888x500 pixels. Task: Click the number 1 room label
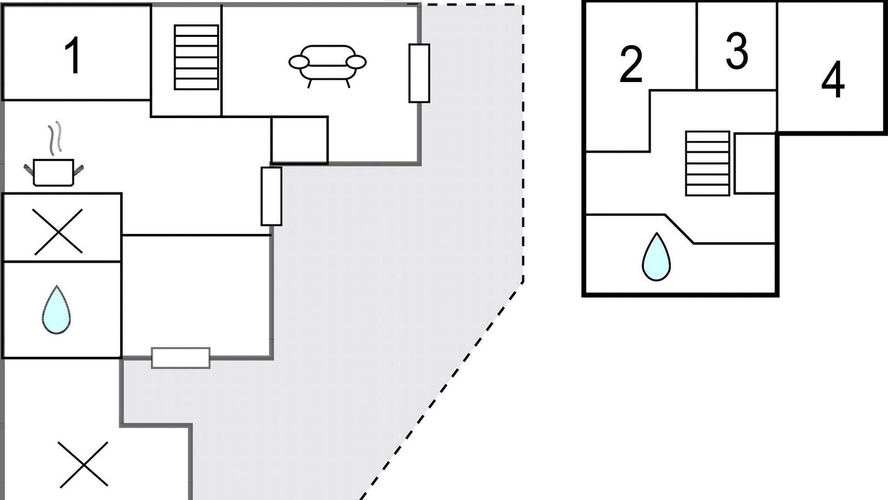(73, 55)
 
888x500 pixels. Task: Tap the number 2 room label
(631, 65)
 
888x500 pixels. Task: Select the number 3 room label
(737, 51)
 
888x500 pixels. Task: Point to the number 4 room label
(833, 79)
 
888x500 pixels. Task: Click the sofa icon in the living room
(327, 65)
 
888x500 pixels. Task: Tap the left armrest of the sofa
(299, 62)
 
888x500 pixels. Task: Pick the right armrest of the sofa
(356, 62)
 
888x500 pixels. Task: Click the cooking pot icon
(53, 172)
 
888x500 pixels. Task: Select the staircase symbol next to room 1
(196, 58)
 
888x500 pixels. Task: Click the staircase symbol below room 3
(708, 163)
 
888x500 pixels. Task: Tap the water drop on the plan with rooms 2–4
(656, 257)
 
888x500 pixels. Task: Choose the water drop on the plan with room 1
(56, 310)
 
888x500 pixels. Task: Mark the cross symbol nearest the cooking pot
(58, 232)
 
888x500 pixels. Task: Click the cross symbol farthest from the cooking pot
(83, 465)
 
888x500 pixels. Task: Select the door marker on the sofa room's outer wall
(420, 74)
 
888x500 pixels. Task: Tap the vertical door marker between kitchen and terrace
(271, 197)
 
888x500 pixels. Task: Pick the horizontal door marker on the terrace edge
(181, 358)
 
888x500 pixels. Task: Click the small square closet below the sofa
(300, 140)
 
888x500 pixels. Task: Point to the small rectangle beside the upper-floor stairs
(755, 163)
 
